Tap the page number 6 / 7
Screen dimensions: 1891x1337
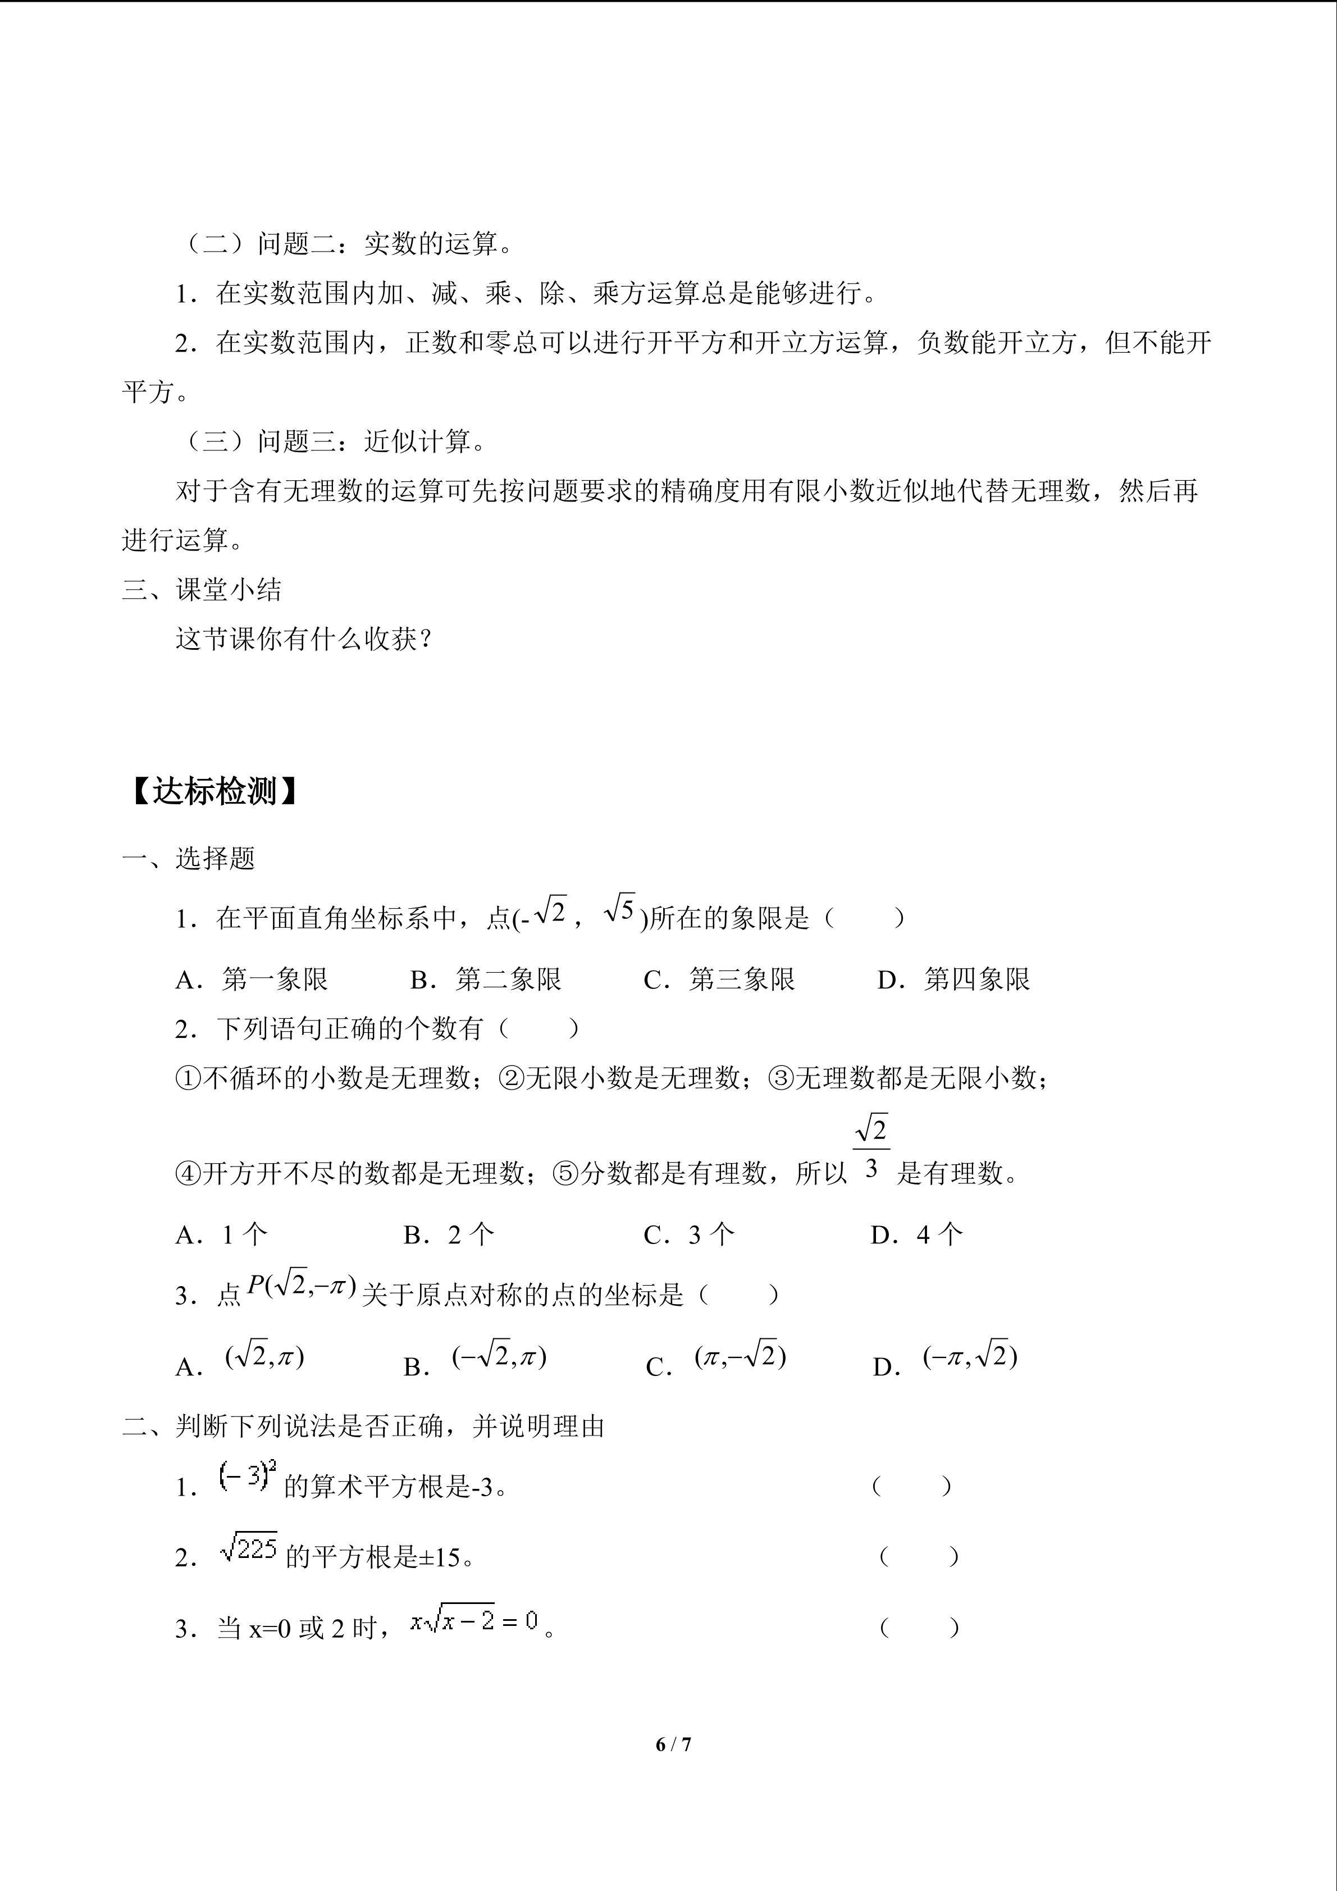coord(673,1744)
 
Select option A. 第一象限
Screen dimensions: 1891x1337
coord(252,979)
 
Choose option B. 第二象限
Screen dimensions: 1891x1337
coord(486,979)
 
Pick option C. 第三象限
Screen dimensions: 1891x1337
coord(719,979)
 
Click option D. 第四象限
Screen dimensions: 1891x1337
coord(954,979)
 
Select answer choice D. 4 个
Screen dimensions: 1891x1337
coord(916,1234)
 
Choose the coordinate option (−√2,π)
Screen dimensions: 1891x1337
coord(499,1356)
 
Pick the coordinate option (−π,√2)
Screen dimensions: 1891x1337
coord(970,1356)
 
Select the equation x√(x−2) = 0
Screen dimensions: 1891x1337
coord(474,1621)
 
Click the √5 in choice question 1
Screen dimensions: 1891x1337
coord(620,911)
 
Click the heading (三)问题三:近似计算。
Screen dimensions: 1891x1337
coord(332,441)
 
